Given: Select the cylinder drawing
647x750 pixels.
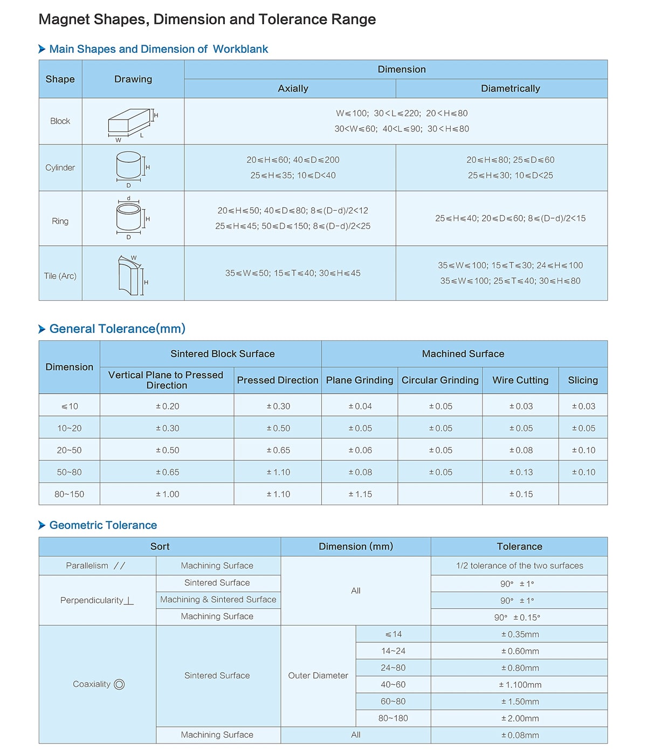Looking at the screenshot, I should (x=129, y=165).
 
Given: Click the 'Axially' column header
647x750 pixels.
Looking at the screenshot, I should (x=293, y=89).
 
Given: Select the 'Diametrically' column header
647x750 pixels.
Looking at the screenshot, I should (x=510, y=89).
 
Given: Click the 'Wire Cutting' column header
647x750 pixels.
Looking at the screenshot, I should (x=520, y=380).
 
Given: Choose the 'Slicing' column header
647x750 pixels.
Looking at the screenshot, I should (x=583, y=380).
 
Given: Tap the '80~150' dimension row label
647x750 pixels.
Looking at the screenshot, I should (x=69, y=494).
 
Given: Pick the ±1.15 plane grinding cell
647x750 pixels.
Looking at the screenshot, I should (x=360, y=494).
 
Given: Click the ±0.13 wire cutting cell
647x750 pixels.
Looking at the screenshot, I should (x=520, y=473).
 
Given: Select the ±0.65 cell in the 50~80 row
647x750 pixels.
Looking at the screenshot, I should (x=167, y=473).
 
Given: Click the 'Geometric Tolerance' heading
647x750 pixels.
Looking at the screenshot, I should (x=103, y=525).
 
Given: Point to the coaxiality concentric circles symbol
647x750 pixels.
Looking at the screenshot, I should (x=119, y=684).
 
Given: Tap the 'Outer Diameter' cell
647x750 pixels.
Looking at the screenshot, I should (x=318, y=676).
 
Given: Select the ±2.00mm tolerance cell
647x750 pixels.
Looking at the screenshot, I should (x=520, y=718).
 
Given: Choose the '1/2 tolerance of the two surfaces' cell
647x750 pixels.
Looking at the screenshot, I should (x=519, y=566).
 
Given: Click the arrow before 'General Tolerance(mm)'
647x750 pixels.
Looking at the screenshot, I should (x=42, y=329).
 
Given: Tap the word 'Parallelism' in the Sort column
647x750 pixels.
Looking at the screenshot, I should (x=87, y=566).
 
